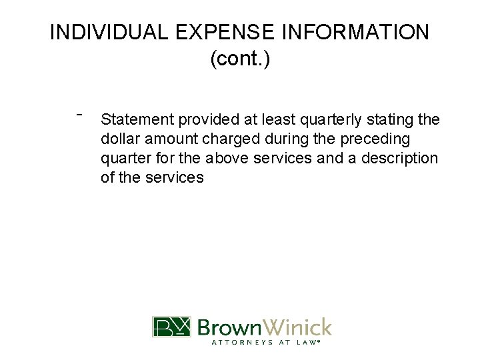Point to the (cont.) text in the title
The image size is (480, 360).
pos(240,59)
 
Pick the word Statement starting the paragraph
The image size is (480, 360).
pos(136,120)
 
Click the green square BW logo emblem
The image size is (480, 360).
pos(171,327)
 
